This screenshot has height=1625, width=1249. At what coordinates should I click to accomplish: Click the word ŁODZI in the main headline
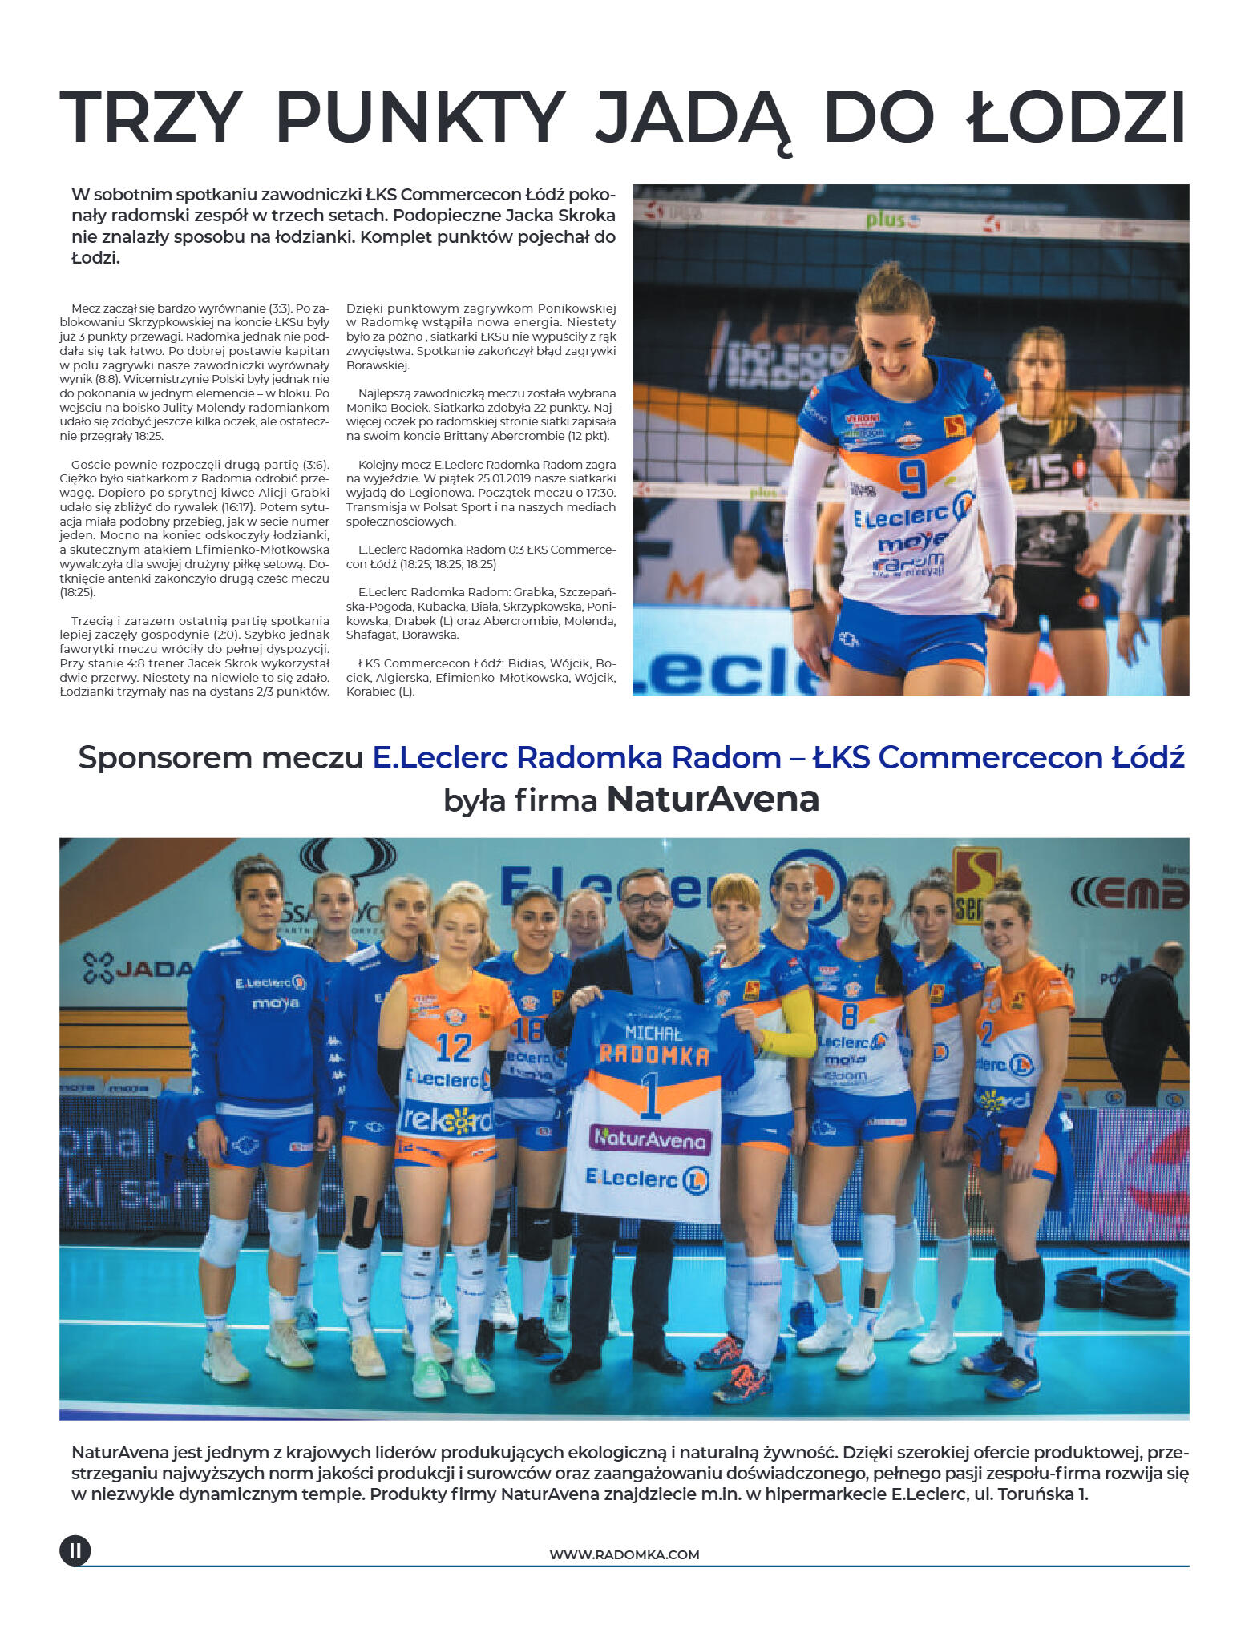click(x=1075, y=117)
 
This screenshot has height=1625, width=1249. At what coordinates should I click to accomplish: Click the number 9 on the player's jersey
click(x=911, y=478)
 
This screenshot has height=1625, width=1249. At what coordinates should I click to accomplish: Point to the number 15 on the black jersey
click(x=1049, y=473)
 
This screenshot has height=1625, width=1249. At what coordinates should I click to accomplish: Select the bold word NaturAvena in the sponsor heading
click(x=713, y=799)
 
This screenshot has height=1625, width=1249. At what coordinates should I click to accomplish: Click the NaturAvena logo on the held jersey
click(x=650, y=1139)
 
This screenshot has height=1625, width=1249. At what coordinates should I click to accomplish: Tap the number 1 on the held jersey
click(x=650, y=1099)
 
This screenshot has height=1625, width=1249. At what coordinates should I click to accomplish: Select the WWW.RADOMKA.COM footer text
click(x=624, y=1554)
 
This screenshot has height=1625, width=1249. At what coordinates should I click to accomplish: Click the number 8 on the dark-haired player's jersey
click(x=850, y=1016)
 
